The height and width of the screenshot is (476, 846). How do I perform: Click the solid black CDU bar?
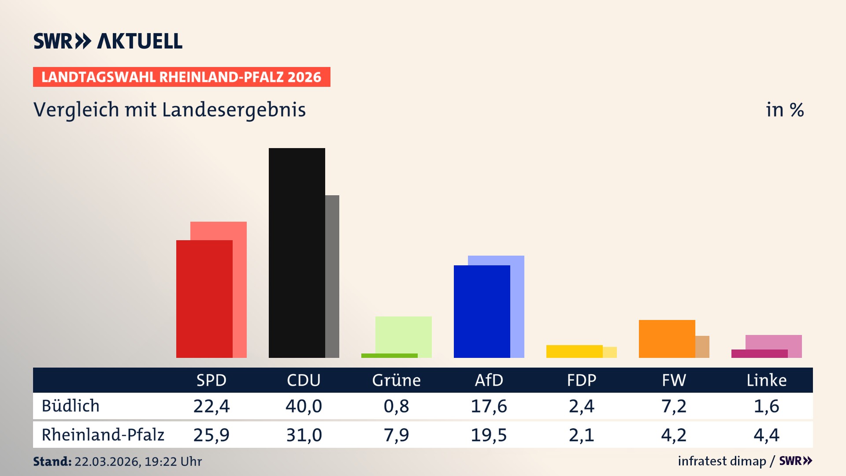[x=297, y=253]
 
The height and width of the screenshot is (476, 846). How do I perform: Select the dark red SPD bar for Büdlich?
[x=204, y=299]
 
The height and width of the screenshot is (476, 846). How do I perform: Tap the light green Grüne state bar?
[x=404, y=334]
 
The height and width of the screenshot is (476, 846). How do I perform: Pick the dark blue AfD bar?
[x=482, y=311]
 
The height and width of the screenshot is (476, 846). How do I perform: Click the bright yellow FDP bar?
[x=574, y=351]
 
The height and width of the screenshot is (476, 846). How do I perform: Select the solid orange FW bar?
[x=667, y=338]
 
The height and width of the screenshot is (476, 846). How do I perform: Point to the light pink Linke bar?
[x=774, y=342]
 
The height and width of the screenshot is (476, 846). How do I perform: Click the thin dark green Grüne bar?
[x=389, y=356]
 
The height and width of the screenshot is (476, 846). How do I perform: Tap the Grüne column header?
[x=396, y=380]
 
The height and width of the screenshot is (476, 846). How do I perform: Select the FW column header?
[x=674, y=380]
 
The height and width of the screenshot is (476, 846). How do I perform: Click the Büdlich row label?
[x=70, y=406]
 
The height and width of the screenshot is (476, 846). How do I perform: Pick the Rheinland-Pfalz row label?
[x=103, y=435]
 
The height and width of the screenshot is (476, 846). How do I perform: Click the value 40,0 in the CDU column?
[x=304, y=406]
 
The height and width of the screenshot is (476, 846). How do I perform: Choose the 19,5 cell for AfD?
[x=489, y=435]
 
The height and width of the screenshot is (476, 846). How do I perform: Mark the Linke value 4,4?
[x=766, y=435]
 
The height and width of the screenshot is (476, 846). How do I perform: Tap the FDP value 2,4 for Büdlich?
[x=581, y=406]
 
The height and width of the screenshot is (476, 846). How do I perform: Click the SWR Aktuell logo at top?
[x=108, y=41]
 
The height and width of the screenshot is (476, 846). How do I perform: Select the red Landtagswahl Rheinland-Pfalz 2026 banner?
[x=182, y=77]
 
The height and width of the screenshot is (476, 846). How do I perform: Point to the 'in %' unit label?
[x=784, y=110]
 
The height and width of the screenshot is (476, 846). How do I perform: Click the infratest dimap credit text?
[x=722, y=461]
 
